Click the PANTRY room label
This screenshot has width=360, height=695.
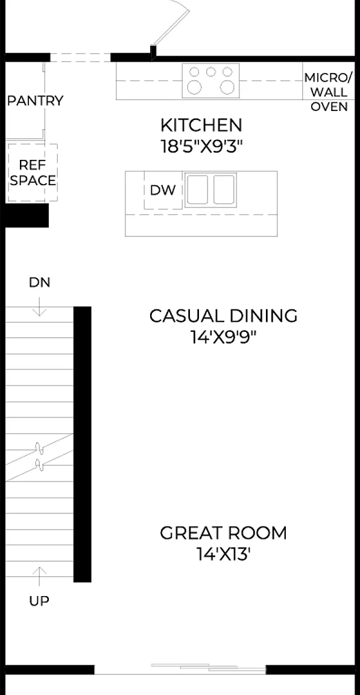pos(36,101)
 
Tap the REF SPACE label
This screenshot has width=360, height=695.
pos(33,173)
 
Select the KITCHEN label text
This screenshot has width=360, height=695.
pos(201,125)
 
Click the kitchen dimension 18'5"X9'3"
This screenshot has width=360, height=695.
pos(201,147)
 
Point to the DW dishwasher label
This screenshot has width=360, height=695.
pos(163,190)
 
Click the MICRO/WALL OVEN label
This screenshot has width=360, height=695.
pos(329,92)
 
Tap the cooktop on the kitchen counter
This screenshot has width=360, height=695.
pos(211,81)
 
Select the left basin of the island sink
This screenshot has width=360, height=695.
pos(197,189)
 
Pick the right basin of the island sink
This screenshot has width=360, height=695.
pos(224,189)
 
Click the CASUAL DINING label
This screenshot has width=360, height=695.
pos(224,316)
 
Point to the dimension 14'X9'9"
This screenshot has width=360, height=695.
pos(224,338)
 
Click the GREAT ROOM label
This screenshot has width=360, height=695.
pos(224,533)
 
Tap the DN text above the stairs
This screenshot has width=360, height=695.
pos(39,282)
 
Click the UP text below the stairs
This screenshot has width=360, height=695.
pos(39,601)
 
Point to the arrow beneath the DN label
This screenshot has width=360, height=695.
pos(39,306)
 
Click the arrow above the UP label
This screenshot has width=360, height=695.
pos(39,576)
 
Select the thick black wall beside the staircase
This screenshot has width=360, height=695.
pos(83,444)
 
